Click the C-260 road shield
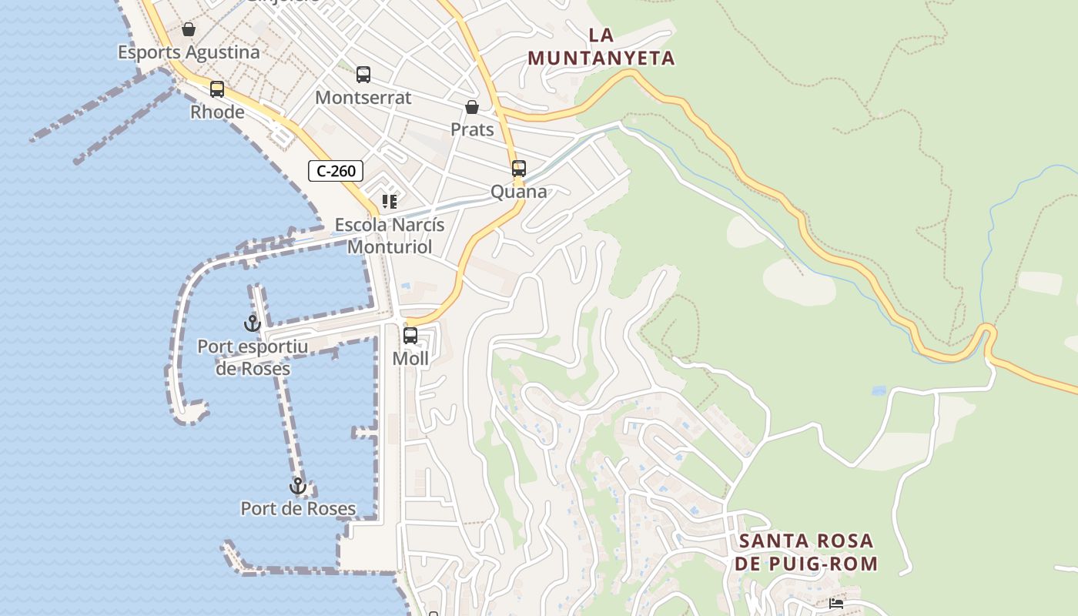[x=336, y=171]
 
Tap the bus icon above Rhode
[x=217, y=89]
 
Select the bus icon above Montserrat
[x=363, y=75]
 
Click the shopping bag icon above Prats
[x=472, y=107]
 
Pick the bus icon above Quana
[x=519, y=169]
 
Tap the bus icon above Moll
[x=410, y=336]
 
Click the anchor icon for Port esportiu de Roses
[x=253, y=323]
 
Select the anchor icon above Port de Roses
[x=298, y=486]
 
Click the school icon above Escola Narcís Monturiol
[x=390, y=202]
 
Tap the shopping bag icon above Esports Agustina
[x=189, y=30]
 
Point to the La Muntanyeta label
[x=601, y=46]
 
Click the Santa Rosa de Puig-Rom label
[x=806, y=552]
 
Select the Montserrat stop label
[x=363, y=98]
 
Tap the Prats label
[x=472, y=129]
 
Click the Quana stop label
[x=519, y=192]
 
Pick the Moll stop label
[x=410, y=359]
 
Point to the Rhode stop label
[x=217, y=112]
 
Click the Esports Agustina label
[x=189, y=52]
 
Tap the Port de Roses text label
[x=298, y=509]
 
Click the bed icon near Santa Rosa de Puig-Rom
[x=836, y=604]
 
